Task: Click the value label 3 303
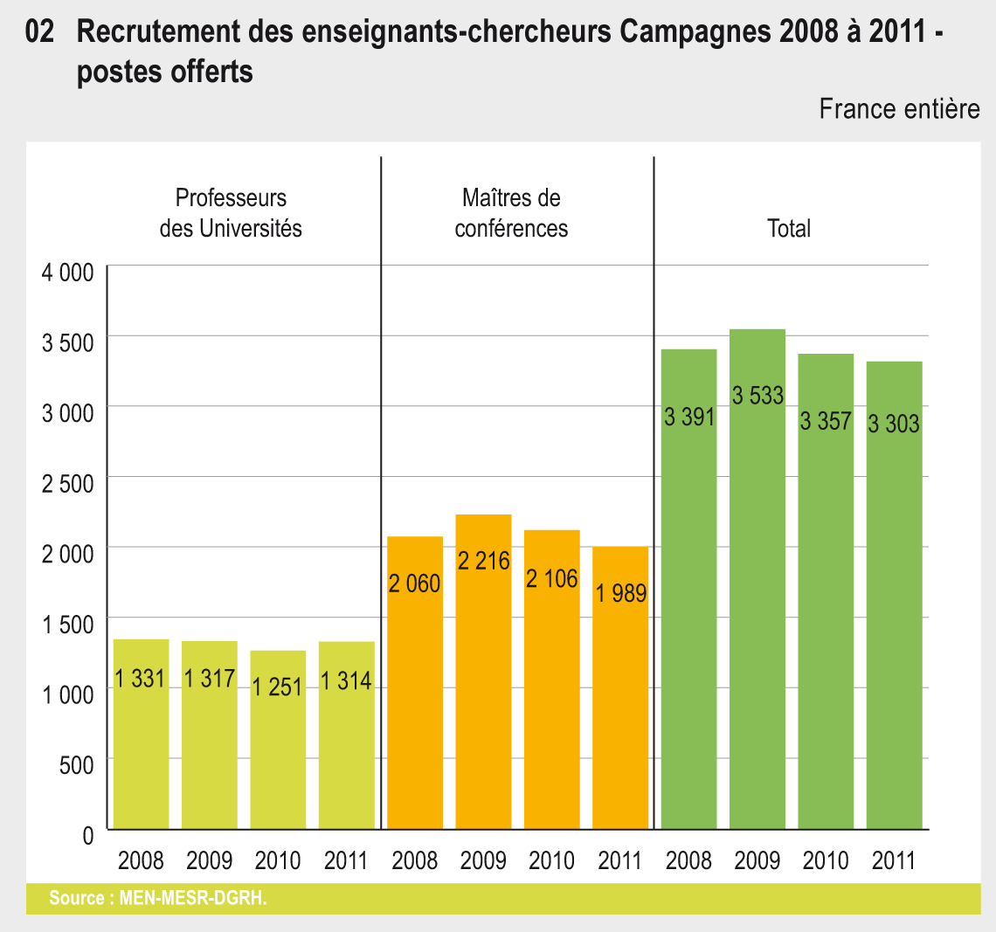point(894,425)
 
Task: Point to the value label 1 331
point(140,679)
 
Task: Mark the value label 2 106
point(551,578)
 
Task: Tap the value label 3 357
point(826,421)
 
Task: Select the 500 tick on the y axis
point(76,765)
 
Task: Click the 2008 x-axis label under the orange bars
point(414,861)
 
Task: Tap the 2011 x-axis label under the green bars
point(894,861)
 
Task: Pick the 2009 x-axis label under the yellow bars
point(209,861)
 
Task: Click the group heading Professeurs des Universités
point(231,213)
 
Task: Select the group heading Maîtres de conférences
point(511,213)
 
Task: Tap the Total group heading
point(789,229)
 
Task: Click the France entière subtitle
point(899,109)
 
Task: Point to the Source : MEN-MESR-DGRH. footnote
point(158,898)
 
